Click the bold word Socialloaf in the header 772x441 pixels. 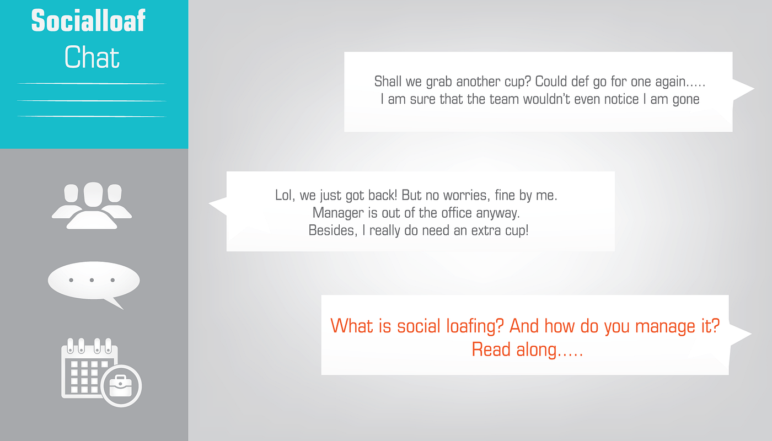pyautogui.click(x=88, y=21)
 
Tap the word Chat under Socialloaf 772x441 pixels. pyautogui.click(x=92, y=57)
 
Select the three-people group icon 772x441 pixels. pyautogui.click(x=92, y=205)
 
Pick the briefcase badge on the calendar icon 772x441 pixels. pyautogui.click(x=121, y=386)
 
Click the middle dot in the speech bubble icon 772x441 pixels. pyautogui.click(x=92, y=280)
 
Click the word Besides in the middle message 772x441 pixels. pyautogui.click(x=333, y=230)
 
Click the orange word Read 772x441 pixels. pyautogui.click(x=491, y=349)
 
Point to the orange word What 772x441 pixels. pyautogui.click(x=352, y=326)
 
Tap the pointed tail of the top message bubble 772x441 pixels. pyautogui.click(x=753, y=89)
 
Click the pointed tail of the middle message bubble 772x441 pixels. pyautogui.click(x=210, y=203)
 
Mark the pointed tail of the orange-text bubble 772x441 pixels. pyautogui.click(x=750, y=334)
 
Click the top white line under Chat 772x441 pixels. pyautogui.click(x=92, y=83)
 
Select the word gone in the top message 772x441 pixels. pyautogui.click(x=686, y=100)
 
